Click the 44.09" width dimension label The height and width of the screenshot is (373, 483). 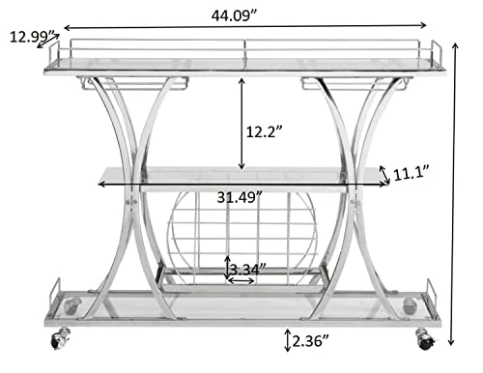pos(241,14)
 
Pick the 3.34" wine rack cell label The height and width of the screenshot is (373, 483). pos(247,266)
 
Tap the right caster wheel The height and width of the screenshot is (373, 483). pos(423,338)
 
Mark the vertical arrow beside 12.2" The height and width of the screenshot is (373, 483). pos(241,123)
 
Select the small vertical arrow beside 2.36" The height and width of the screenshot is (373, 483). pos(288,339)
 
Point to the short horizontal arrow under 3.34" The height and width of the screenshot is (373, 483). pos(241,281)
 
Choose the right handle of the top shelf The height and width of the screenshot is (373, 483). pos(436,53)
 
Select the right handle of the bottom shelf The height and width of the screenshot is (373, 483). pos(432,290)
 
